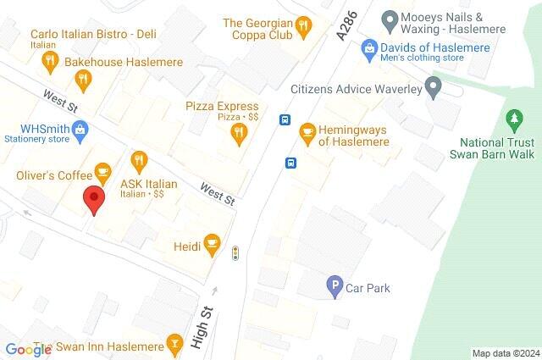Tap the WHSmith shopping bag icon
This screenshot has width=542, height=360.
(x=80, y=129)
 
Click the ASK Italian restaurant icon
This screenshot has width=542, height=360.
(x=139, y=159)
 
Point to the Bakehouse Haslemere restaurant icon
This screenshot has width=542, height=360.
(x=82, y=80)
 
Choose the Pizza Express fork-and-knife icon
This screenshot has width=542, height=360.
(x=240, y=131)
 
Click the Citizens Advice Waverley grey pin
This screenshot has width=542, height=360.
(x=433, y=87)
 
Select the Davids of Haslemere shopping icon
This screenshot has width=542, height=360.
(x=368, y=47)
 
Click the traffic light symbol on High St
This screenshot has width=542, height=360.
(x=235, y=252)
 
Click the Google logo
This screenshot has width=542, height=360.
(x=28, y=350)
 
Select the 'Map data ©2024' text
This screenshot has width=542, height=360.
(x=505, y=353)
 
